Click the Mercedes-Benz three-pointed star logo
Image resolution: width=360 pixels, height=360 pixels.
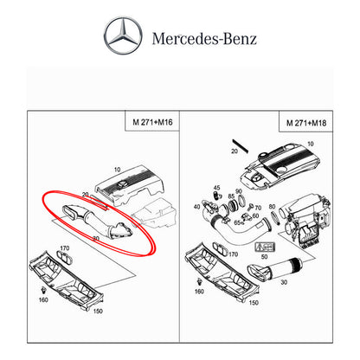pyautogui.click(x=125, y=38)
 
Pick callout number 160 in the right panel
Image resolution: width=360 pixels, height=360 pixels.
pyautogui.click(x=201, y=292)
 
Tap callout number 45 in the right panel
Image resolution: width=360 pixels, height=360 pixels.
pyautogui.click(x=216, y=188)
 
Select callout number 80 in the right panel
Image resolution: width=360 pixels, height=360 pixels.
pyautogui.click(x=273, y=207)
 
